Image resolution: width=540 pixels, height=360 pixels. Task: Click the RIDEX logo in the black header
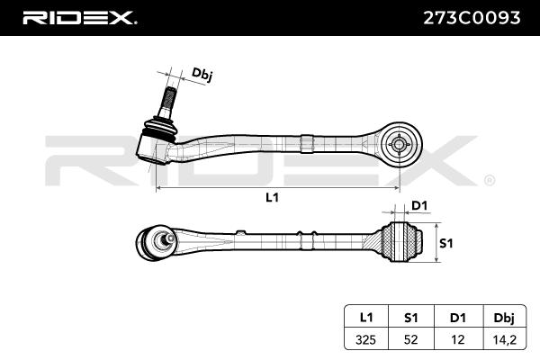(x=80, y=18)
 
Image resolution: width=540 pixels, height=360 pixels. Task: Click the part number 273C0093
(x=472, y=18)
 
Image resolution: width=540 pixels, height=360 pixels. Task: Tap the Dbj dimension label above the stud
(x=202, y=75)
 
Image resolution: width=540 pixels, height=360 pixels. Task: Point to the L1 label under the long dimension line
(x=272, y=197)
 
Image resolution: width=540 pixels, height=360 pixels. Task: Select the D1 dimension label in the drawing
(x=419, y=206)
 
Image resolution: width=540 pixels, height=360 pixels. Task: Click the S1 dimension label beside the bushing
(x=446, y=244)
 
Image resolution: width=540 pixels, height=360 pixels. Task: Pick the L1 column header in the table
(x=366, y=318)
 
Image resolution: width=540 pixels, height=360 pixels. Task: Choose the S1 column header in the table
(x=410, y=318)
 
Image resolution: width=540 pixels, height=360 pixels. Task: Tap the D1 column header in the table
(x=458, y=318)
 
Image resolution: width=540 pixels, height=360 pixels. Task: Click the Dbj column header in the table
(x=504, y=319)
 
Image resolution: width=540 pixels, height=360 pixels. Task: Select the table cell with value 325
(x=366, y=339)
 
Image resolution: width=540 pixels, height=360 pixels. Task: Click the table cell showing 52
(x=410, y=339)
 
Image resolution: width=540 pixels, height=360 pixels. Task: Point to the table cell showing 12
(x=458, y=339)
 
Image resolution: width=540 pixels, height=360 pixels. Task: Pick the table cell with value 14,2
(x=505, y=339)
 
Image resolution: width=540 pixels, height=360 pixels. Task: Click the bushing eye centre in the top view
(x=399, y=144)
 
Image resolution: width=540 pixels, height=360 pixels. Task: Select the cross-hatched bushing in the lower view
(x=401, y=241)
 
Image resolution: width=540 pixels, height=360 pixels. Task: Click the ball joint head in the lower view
(x=155, y=242)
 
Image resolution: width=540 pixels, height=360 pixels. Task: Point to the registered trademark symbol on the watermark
(x=490, y=181)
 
